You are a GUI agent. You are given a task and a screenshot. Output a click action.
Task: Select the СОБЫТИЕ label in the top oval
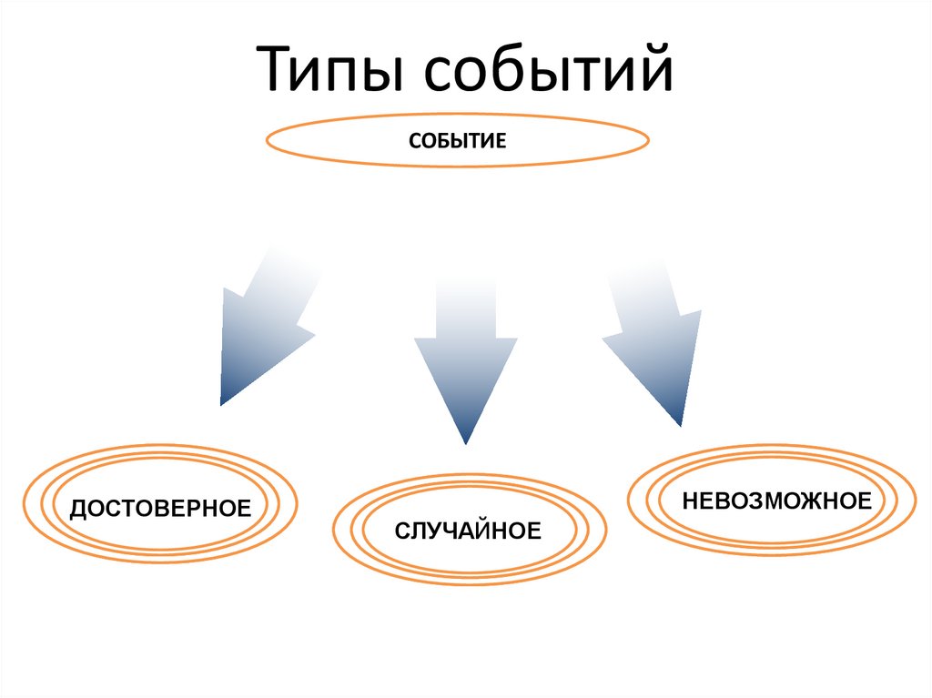(457, 142)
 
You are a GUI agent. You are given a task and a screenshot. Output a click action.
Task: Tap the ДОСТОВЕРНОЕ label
(160, 507)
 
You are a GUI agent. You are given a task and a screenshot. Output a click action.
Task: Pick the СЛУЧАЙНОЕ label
(468, 530)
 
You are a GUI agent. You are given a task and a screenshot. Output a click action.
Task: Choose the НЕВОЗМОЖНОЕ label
(777, 500)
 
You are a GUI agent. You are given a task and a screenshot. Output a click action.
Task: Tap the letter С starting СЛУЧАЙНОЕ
(401, 530)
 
